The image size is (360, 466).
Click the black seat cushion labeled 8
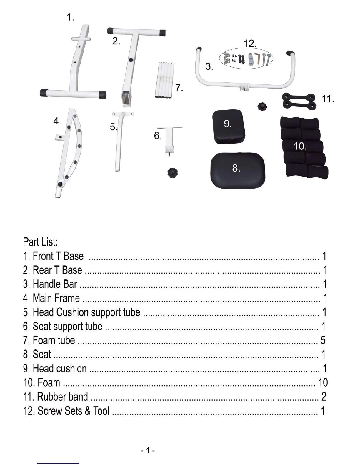coord(238,171)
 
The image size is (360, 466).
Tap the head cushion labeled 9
coord(229,127)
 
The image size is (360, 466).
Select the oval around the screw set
coord(246,58)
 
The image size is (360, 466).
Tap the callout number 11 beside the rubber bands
coord(328,99)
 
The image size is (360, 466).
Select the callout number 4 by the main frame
coord(57,121)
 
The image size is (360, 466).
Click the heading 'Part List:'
coord(40,242)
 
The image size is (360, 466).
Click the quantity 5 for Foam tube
coord(323,340)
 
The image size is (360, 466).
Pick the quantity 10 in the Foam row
coord(323,382)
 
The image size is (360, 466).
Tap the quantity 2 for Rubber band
coord(324,397)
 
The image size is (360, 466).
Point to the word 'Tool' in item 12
coord(101,411)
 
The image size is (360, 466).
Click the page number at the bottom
coord(148,450)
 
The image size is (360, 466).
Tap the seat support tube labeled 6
coord(170,138)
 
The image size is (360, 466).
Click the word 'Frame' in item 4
coord(68,298)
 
